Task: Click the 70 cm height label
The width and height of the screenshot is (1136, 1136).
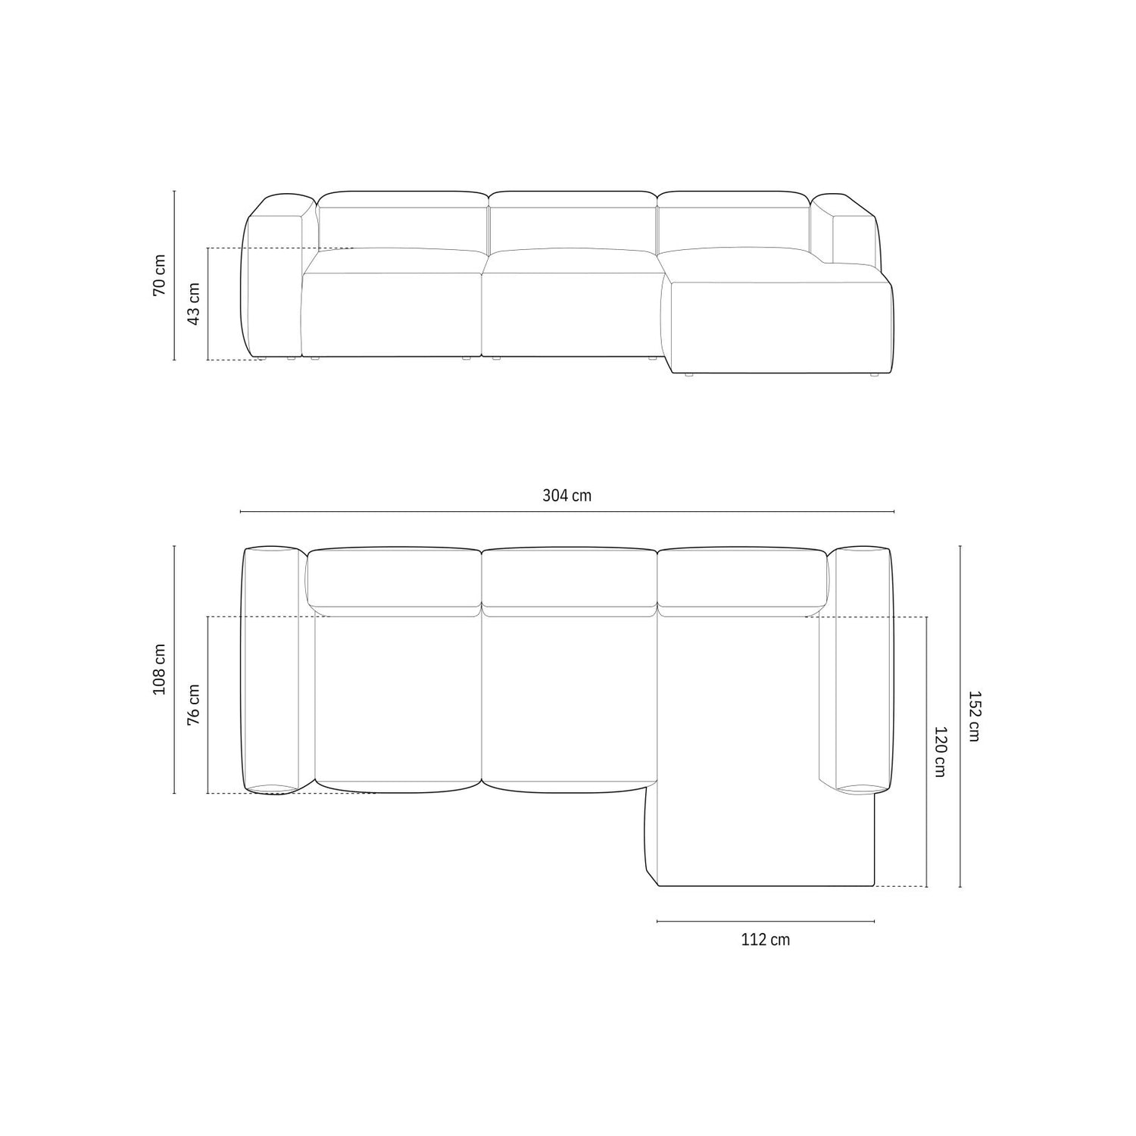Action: click(159, 275)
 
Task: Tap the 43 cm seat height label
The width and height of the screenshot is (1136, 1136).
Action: click(193, 304)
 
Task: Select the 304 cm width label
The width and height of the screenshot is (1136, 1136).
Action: click(566, 496)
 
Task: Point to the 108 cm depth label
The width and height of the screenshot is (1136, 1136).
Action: click(159, 669)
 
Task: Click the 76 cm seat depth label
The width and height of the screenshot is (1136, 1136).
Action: click(193, 704)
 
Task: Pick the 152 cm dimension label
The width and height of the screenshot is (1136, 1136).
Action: click(973, 716)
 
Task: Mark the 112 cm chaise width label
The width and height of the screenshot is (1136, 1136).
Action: click(765, 940)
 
